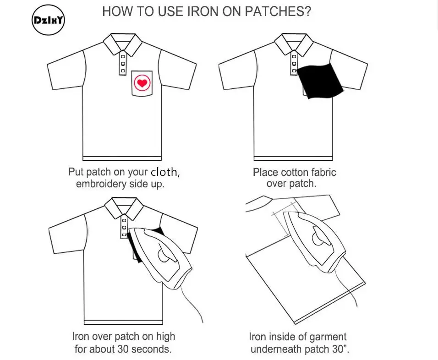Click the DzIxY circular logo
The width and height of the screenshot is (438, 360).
click(x=48, y=20)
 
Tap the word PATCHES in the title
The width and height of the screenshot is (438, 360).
click(x=278, y=12)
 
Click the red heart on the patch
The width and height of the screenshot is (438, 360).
click(x=142, y=83)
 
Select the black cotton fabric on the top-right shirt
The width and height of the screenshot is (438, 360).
click(x=319, y=81)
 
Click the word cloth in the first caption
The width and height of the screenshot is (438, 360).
click(x=164, y=172)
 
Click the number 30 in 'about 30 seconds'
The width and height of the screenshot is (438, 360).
click(x=123, y=349)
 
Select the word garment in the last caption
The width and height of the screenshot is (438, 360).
click(x=327, y=337)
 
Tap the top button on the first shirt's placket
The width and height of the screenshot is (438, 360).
click(x=123, y=56)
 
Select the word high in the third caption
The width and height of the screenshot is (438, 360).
click(x=166, y=337)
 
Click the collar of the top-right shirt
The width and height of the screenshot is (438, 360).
click(x=294, y=44)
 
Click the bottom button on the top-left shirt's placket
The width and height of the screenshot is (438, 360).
click(x=123, y=71)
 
